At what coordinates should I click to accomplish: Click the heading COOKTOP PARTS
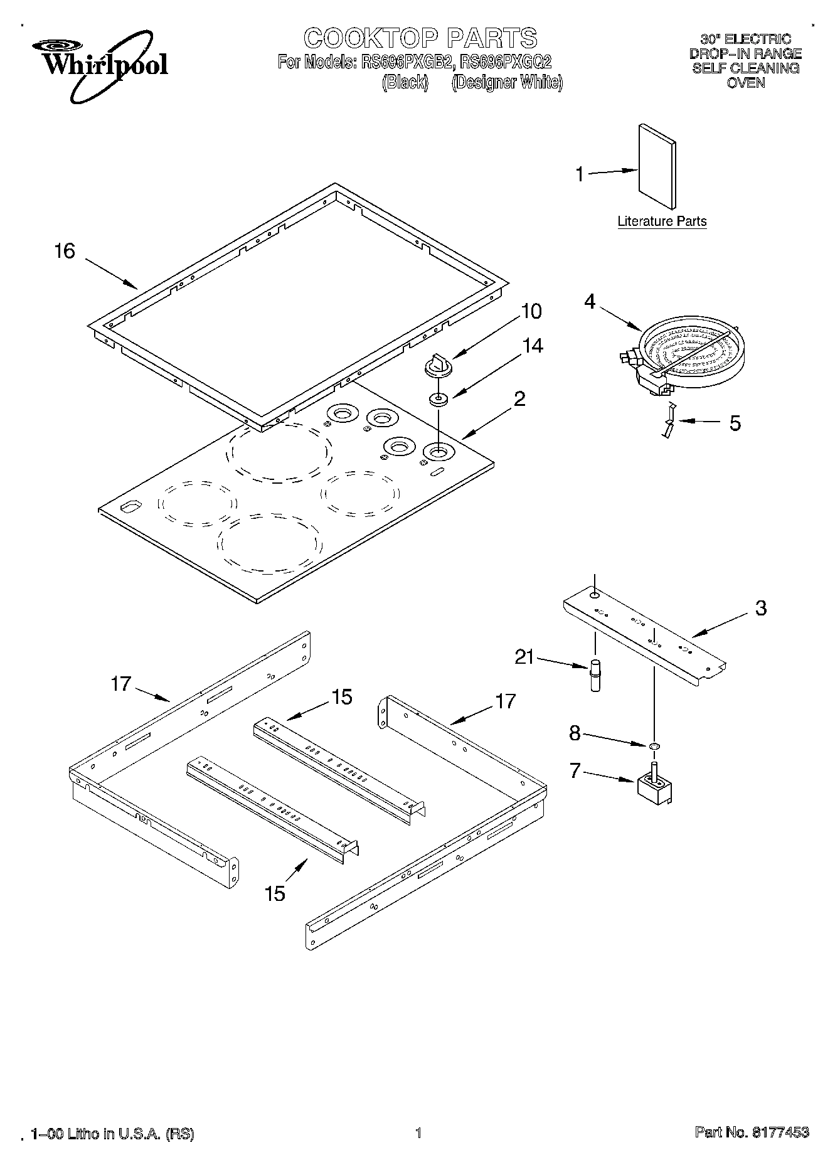tap(420, 38)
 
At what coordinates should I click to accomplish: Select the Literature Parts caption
tap(662, 221)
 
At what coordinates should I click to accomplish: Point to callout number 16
tap(65, 251)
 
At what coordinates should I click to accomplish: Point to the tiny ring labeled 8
tap(654, 745)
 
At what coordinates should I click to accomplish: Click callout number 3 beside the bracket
tap(760, 607)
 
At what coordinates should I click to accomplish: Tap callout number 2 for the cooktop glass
tap(519, 398)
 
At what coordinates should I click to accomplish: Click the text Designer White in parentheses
tap(507, 82)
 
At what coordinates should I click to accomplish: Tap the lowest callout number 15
tap(275, 892)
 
